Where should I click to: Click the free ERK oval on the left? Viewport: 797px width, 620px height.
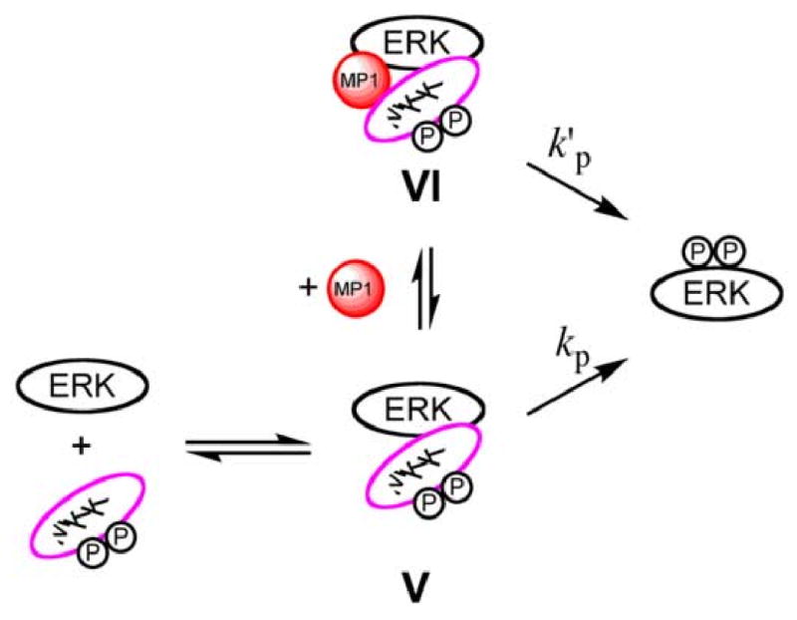pos(81,385)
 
